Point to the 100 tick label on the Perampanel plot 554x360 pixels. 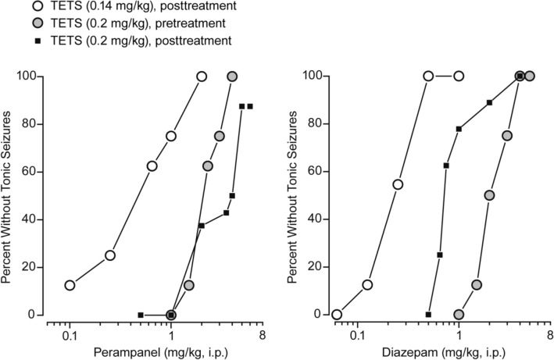coord(27,77)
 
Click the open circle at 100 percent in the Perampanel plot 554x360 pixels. coord(202,77)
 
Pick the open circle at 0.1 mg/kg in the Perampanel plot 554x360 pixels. coord(70,285)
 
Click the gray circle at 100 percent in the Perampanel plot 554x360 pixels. coord(232,77)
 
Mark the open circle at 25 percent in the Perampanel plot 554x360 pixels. coord(110,255)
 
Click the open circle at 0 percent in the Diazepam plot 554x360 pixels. coord(337,315)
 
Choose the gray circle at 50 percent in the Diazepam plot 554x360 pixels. coord(489,195)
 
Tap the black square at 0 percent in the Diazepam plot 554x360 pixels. coord(428,315)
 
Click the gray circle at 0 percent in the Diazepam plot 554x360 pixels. coord(459,315)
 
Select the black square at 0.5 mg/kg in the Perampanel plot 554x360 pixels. coord(141,315)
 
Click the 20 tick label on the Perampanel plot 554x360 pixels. coord(30,267)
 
